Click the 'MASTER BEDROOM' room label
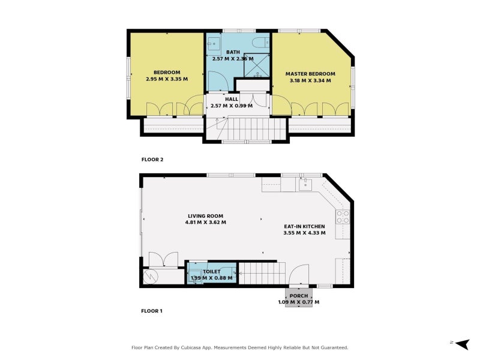[310, 74]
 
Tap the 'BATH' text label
[233, 52]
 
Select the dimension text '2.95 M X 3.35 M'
[167, 79]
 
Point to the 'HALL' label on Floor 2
[232, 99]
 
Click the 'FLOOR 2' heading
[152, 160]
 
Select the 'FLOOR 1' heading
[152, 311]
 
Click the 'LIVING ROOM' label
[205, 216]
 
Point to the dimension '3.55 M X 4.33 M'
[304, 233]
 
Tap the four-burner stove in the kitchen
[343, 217]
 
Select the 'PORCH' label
[298, 296]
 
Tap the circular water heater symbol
[149, 277]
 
